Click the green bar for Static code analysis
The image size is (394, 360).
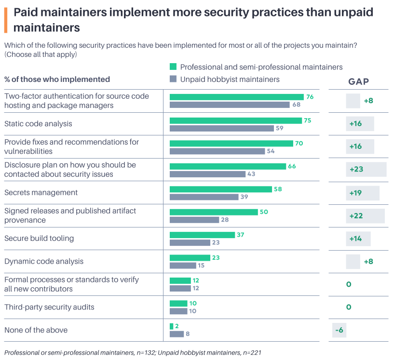tap(236, 120)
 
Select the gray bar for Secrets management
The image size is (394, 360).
tap(204, 197)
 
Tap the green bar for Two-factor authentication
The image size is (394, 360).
tap(237, 97)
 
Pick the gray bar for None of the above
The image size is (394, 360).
tap(177, 334)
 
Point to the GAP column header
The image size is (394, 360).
tap(358, 82)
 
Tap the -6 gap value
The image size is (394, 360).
tap(339, 330)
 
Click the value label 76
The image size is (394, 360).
tap(310, 97)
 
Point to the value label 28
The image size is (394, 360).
tap(225, 220)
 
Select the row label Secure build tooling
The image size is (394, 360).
tap(39, 238)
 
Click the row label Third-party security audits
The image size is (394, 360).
tap(49, 307)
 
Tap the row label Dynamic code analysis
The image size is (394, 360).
tap(44, 261)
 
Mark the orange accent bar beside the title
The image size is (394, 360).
tap(5, 20)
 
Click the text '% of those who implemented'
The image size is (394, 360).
tap(57, 79)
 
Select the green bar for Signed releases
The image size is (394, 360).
tap(214, 212)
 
